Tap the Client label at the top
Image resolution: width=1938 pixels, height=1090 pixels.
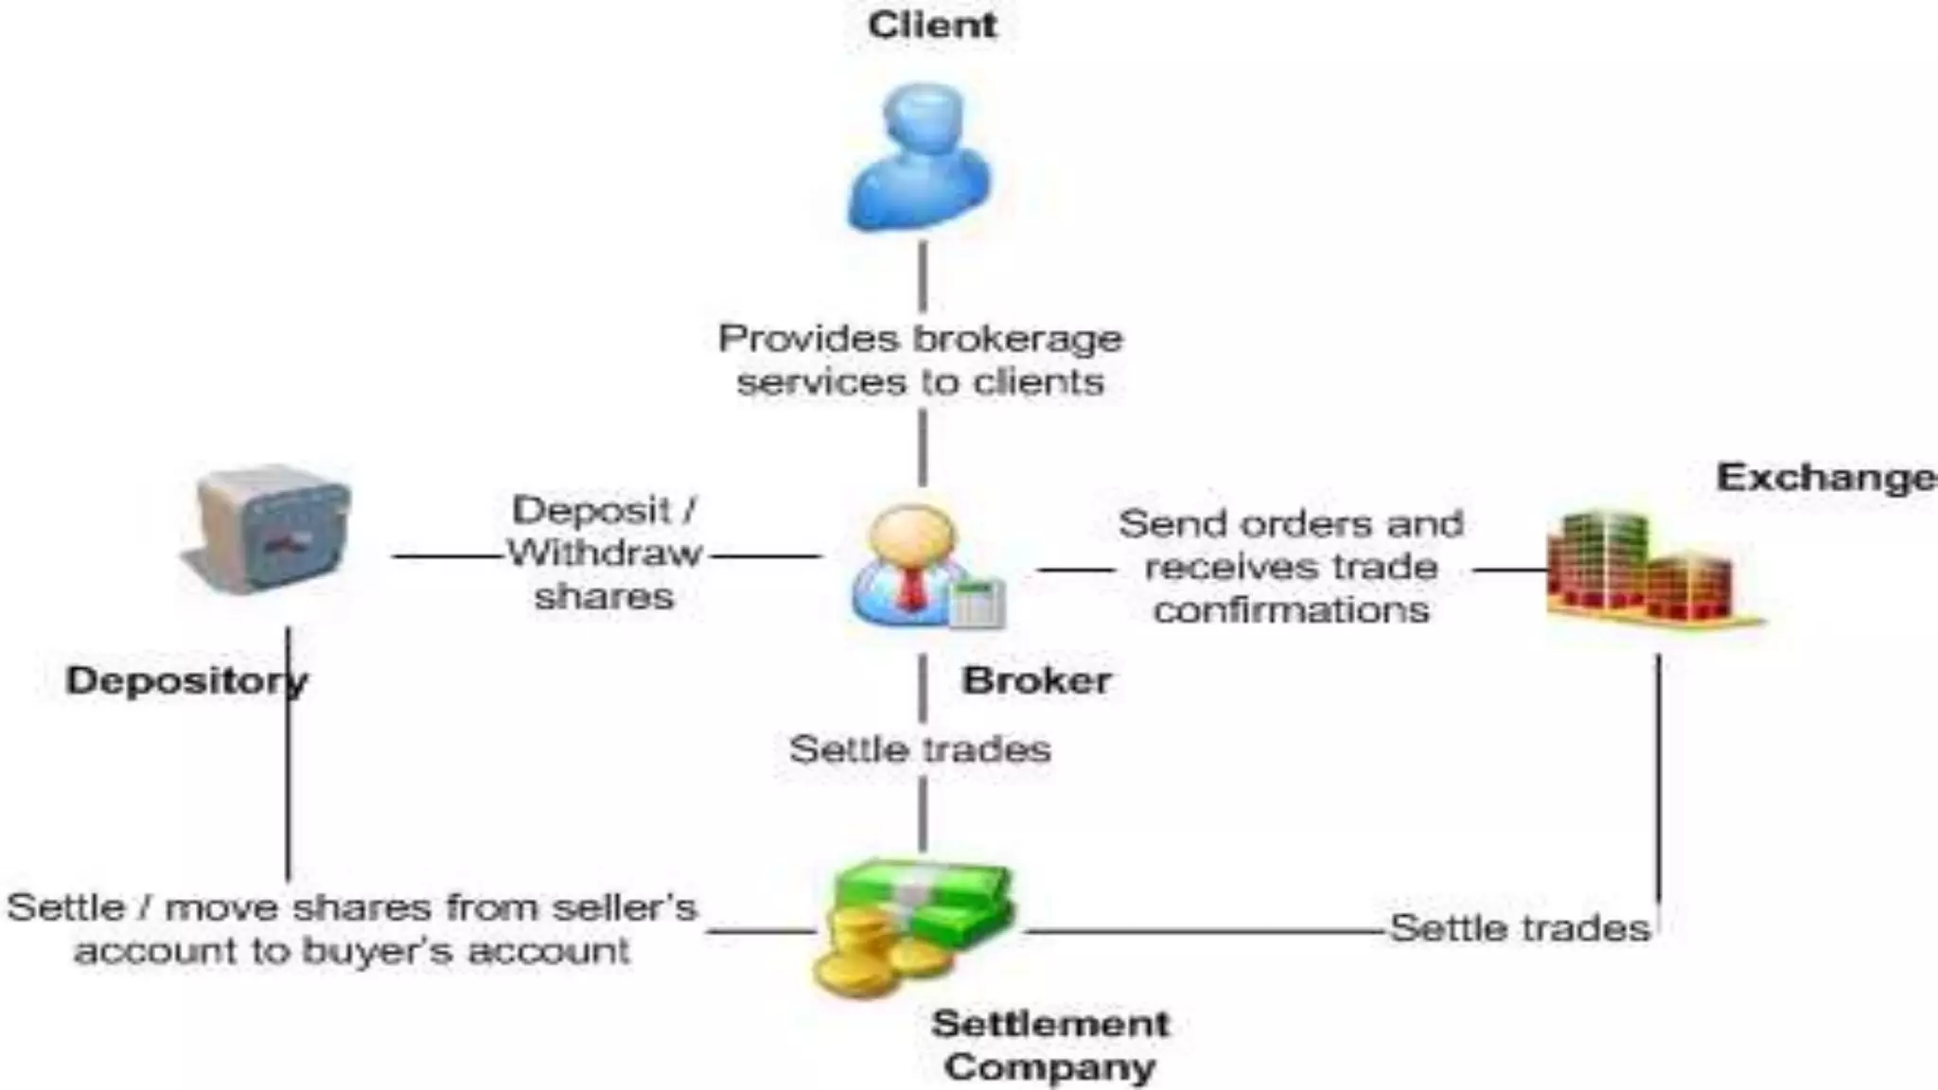pyautogui.click(x=931, y=26)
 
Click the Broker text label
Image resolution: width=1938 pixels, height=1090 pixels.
pyautogui.click(x=1036, y=680)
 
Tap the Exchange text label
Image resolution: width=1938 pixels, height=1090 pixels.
pyautogui.click(x=1824, y=478)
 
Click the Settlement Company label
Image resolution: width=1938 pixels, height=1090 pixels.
pyautogui.click(x=1050, y=1045)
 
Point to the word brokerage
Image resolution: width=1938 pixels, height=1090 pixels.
pyautogui.click(x=1027, y=339)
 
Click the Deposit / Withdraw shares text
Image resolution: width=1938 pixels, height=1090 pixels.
pyautogui.click(x=605, y=554)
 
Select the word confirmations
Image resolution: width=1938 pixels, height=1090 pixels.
pyautogui.click(x=1291, y=610)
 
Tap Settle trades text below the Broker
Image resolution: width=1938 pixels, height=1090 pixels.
pyautogui.click(x=920, y=749)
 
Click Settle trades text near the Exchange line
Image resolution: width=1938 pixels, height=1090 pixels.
pyautogui.click(x=1520, y=928)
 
